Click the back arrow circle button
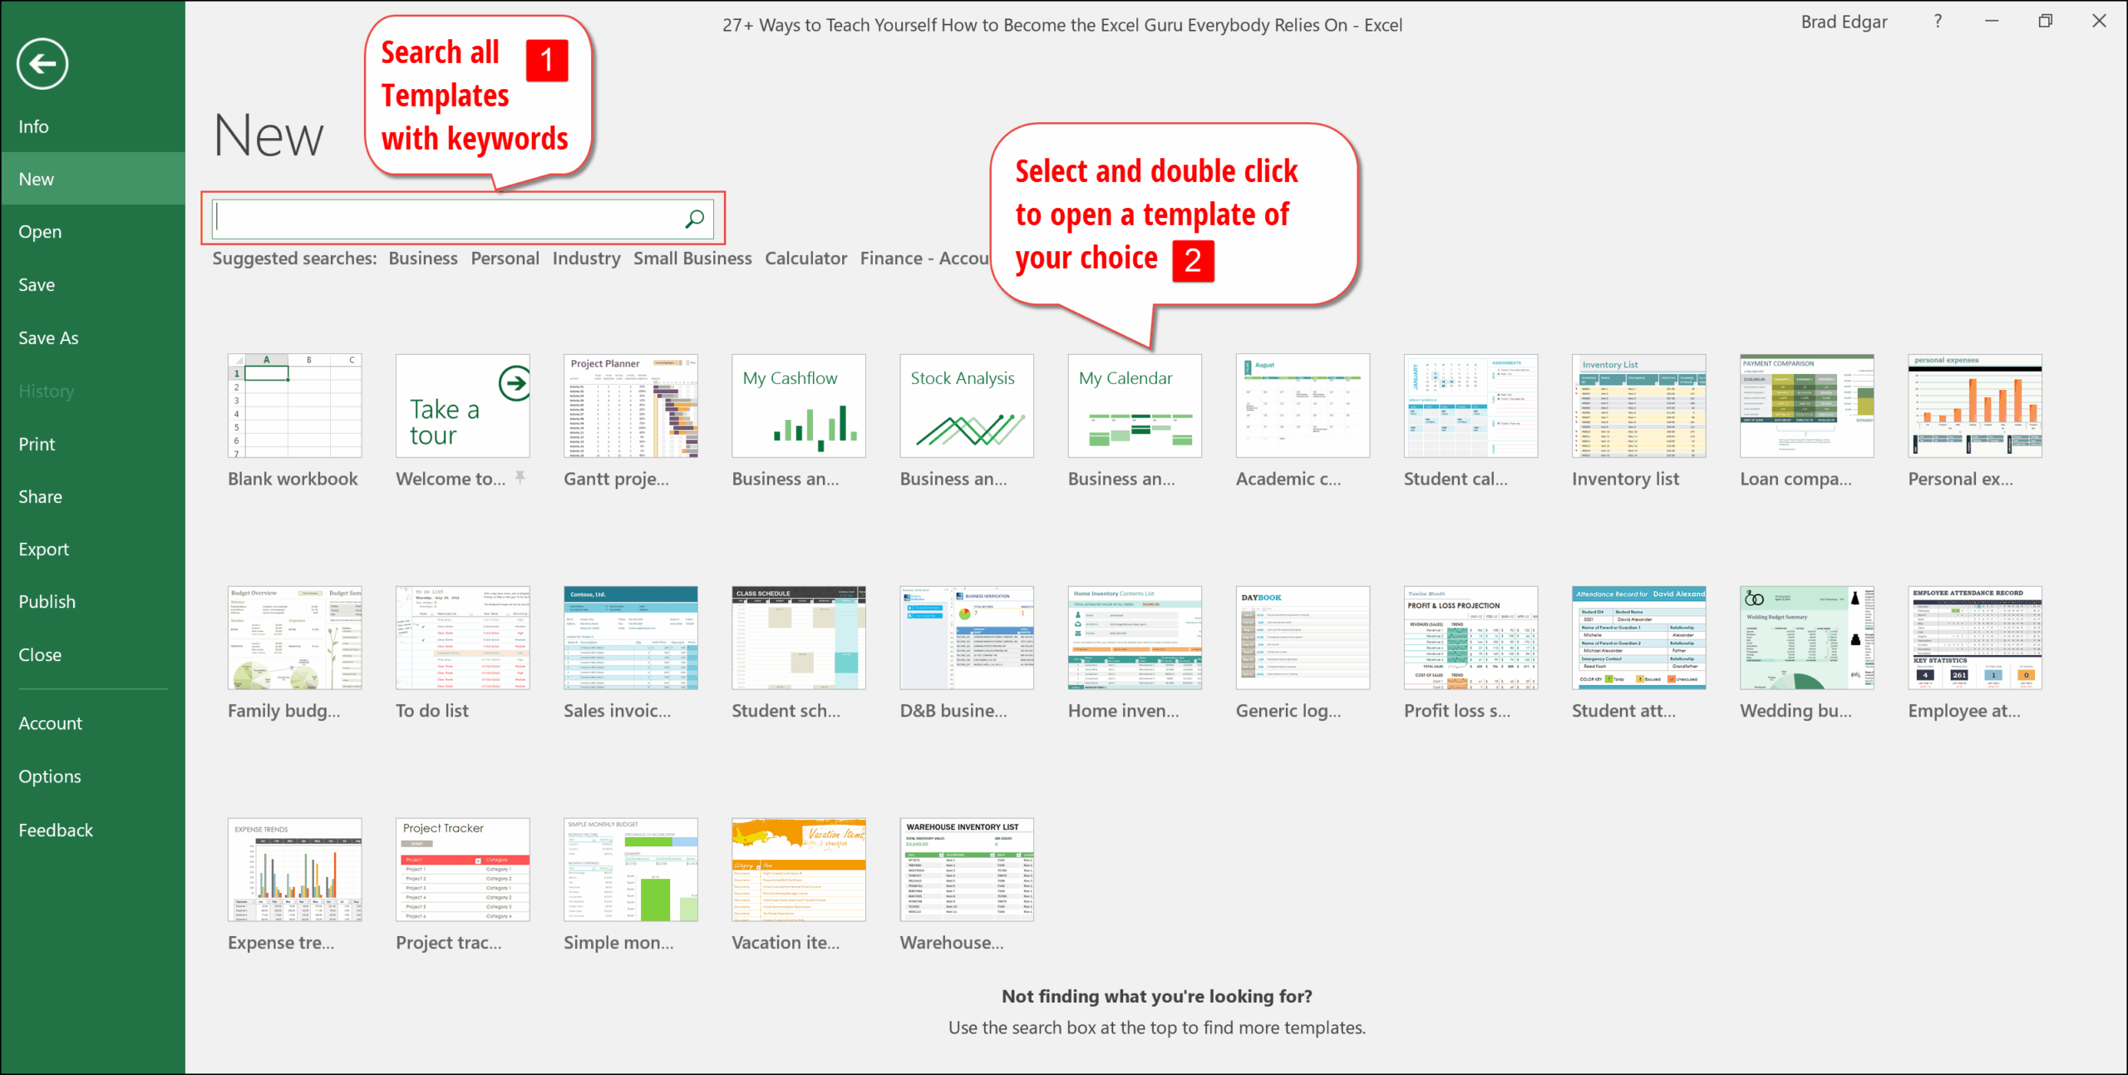42,64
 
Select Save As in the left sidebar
48,338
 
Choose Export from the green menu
43,550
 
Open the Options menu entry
50,777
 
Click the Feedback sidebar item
56,831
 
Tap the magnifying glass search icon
695,219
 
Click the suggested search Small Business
692,259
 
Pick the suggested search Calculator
805,259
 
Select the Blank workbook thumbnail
294,406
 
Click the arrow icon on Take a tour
515,383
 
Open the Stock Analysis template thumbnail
966,406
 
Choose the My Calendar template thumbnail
1134,406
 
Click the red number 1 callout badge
547,60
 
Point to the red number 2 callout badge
1193,261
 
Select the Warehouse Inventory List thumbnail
966,870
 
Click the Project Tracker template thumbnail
462,870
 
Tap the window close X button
2099,22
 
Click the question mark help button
1938,22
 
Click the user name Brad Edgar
1844,22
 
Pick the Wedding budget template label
1795,711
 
